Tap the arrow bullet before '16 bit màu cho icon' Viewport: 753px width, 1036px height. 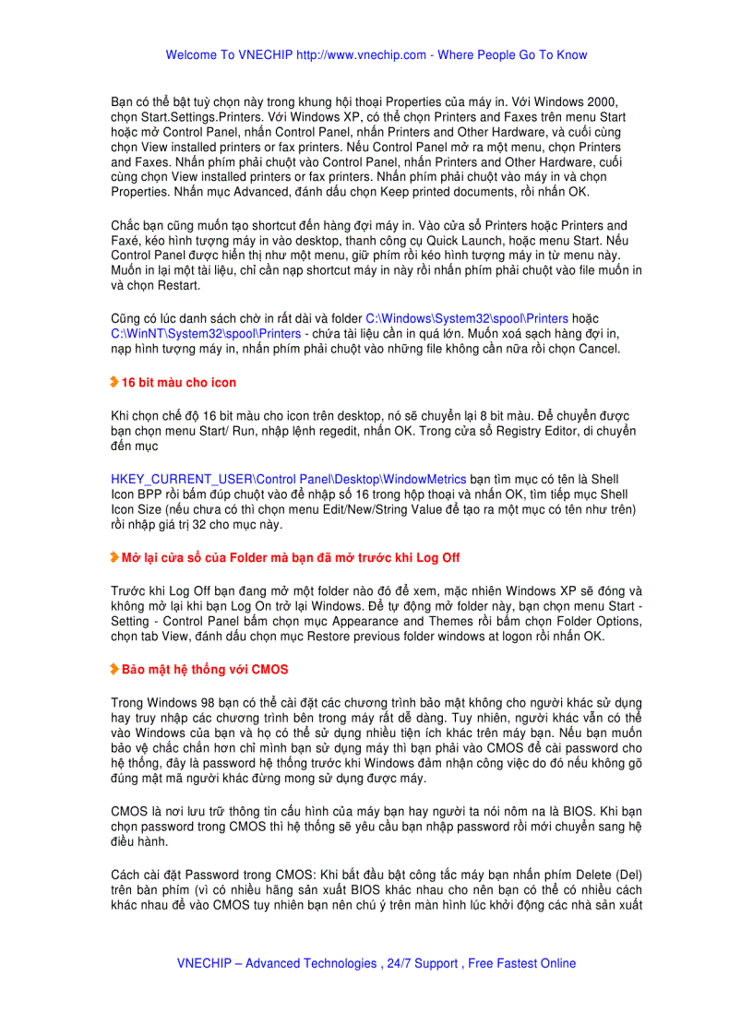click(114, 382)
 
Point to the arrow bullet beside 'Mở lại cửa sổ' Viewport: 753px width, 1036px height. click(114, 557)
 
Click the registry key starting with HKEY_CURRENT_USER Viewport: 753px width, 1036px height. click(289, 481)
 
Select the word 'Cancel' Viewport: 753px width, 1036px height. click(600, 349)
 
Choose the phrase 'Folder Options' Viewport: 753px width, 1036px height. click(600, 623)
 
